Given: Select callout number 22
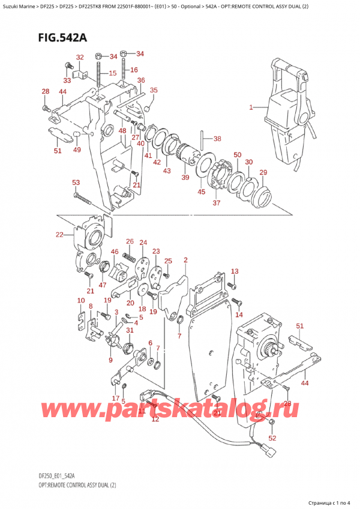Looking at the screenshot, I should point(59,235).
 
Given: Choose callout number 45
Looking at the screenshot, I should point(201,192).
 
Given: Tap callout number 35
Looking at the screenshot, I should point(154,91).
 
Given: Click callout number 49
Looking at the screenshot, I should point(77,150).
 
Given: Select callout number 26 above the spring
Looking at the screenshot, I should point(129,241).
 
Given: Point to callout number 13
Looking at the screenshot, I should point(235,271).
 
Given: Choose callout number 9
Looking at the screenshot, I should point(110,360).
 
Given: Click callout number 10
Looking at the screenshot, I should point(80,300).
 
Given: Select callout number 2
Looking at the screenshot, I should point(185,260).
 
